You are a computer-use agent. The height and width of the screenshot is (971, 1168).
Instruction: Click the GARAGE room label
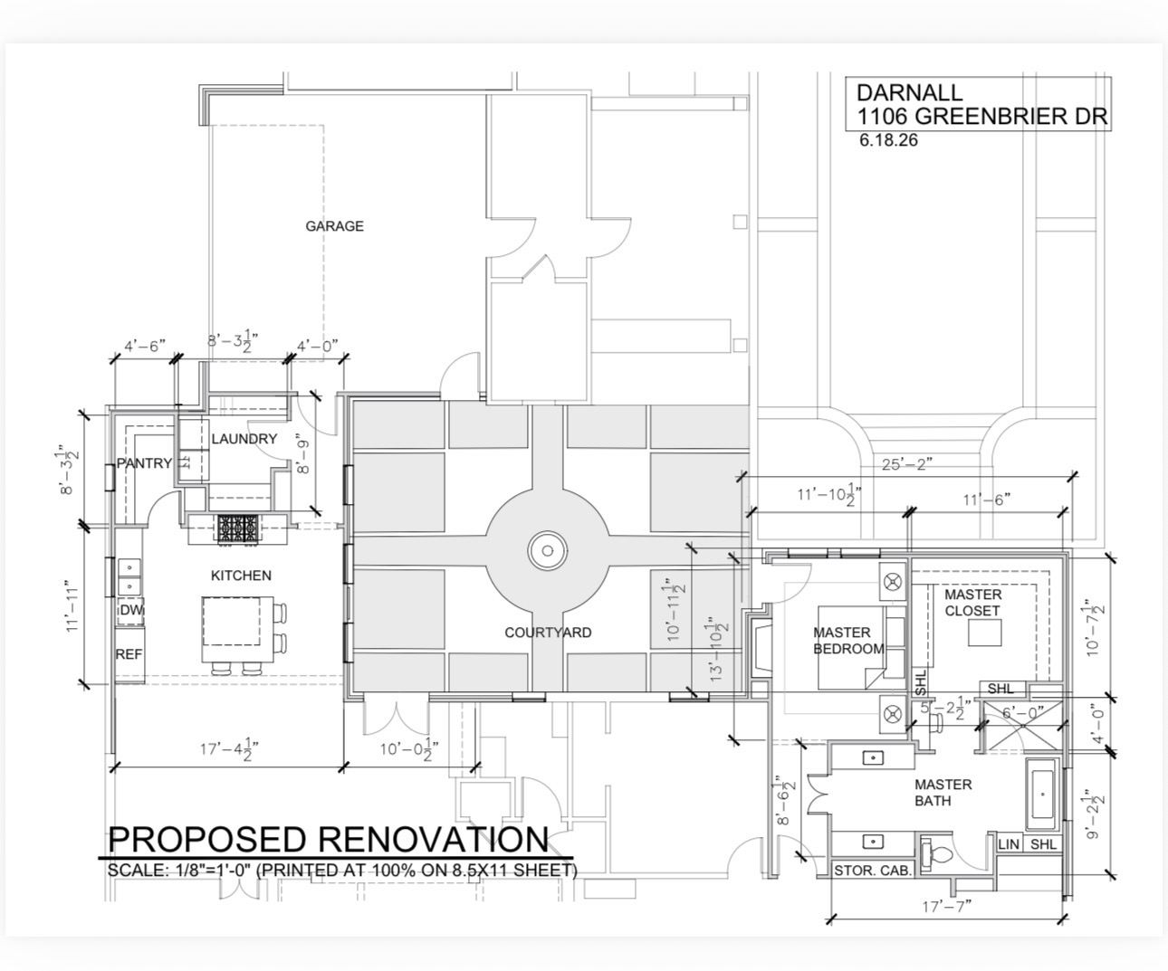(334, 226)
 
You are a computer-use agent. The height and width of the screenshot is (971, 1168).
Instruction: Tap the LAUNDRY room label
(244, 439)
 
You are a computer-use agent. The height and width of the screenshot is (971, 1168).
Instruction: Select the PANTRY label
(144, 462)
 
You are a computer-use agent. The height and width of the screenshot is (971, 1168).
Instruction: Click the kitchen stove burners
(239, 528)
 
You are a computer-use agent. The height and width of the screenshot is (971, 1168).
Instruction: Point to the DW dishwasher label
(131, 610)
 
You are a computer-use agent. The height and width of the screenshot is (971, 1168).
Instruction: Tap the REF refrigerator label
(129, 654)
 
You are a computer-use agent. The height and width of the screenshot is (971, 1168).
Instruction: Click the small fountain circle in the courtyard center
(548, 550)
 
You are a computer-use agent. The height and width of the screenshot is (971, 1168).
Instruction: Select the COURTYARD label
(548, 633)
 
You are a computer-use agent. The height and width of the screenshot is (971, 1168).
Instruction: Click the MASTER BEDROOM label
(848, 641)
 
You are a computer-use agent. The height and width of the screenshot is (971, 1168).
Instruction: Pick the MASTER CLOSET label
(972, 603)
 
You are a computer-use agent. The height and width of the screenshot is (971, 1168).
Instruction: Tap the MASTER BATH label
(943, 793)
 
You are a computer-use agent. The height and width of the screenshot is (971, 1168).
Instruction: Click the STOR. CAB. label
(872, 871)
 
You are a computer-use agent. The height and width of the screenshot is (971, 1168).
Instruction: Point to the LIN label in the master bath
(1009, 844)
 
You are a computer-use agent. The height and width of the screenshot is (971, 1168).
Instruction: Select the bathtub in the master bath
(1042, 794)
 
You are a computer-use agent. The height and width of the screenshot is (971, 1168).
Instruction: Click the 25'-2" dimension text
(906, 464)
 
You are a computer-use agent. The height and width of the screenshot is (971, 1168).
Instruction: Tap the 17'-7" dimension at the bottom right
(947, 906)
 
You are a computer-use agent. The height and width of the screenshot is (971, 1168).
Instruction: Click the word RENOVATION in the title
(434, 840)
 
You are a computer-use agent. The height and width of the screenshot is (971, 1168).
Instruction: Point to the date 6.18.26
(888, 139)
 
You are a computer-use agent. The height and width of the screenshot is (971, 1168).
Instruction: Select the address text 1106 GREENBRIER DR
(982, 116)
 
